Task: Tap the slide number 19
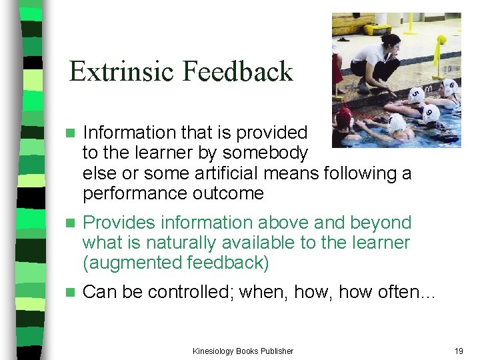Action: tap(458, 351)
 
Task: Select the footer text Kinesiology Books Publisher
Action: tap(243, 351)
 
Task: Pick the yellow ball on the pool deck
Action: tap(441, 40)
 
